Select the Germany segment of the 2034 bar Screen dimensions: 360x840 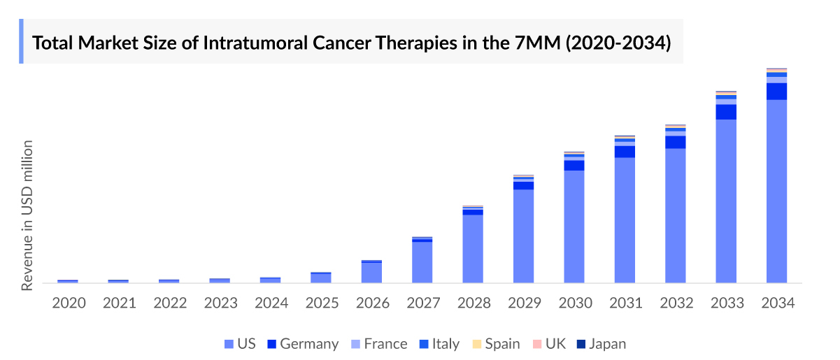[776, 92]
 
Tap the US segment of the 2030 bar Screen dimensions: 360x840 [574, 226]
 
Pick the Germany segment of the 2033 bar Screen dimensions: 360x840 [725, 112]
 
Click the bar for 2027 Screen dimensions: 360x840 [422, 261]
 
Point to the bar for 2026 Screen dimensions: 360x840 [371, 272]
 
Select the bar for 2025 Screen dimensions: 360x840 [320, 278]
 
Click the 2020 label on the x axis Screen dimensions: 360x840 [69, 303]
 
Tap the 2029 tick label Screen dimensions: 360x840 [524, 303]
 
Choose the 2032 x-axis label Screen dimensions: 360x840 [676, 303]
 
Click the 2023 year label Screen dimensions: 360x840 [220, 303]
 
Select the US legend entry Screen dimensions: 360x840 [240, 344]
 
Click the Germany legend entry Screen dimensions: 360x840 [302, 344]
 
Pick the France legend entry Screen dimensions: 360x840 [378, 344]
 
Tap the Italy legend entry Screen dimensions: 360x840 [439, 344]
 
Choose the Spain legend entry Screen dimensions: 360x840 [497, 344]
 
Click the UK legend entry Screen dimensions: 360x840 [549, 344]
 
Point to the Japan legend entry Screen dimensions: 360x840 [601, 344]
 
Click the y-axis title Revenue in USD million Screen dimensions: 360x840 [27, 215]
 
